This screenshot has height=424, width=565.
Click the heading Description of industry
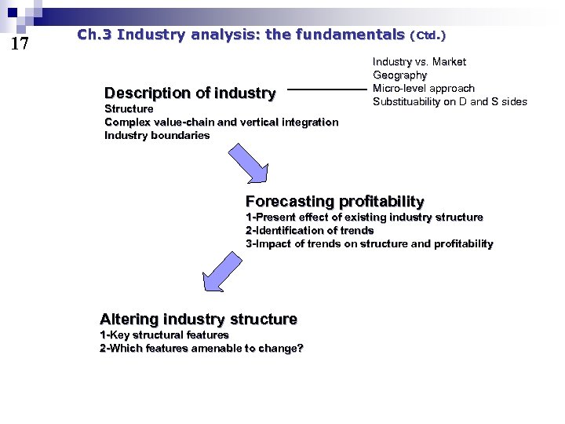coord(190,93)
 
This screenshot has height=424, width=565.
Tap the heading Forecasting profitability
coord(334,201)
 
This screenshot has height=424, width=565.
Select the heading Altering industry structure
coord(199,319)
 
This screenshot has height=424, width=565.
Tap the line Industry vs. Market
coord(419,61)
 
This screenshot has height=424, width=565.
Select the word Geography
coord(399,75)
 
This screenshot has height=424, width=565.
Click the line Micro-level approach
coord(423,88)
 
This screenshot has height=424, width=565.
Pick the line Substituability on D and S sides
coord(450,101)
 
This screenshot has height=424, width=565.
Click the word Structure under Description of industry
coord(129,108)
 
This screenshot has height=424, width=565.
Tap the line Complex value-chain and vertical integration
coord(221,122)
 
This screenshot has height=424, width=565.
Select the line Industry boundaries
coord(157,135)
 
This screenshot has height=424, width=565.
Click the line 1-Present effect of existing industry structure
coord(364,217)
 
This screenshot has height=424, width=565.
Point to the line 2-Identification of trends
coord(309,230)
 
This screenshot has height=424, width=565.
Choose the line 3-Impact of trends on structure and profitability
coord(369,243)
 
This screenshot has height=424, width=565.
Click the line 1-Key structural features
coord(164,334)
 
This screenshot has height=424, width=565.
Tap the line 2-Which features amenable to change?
coord(201,348)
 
